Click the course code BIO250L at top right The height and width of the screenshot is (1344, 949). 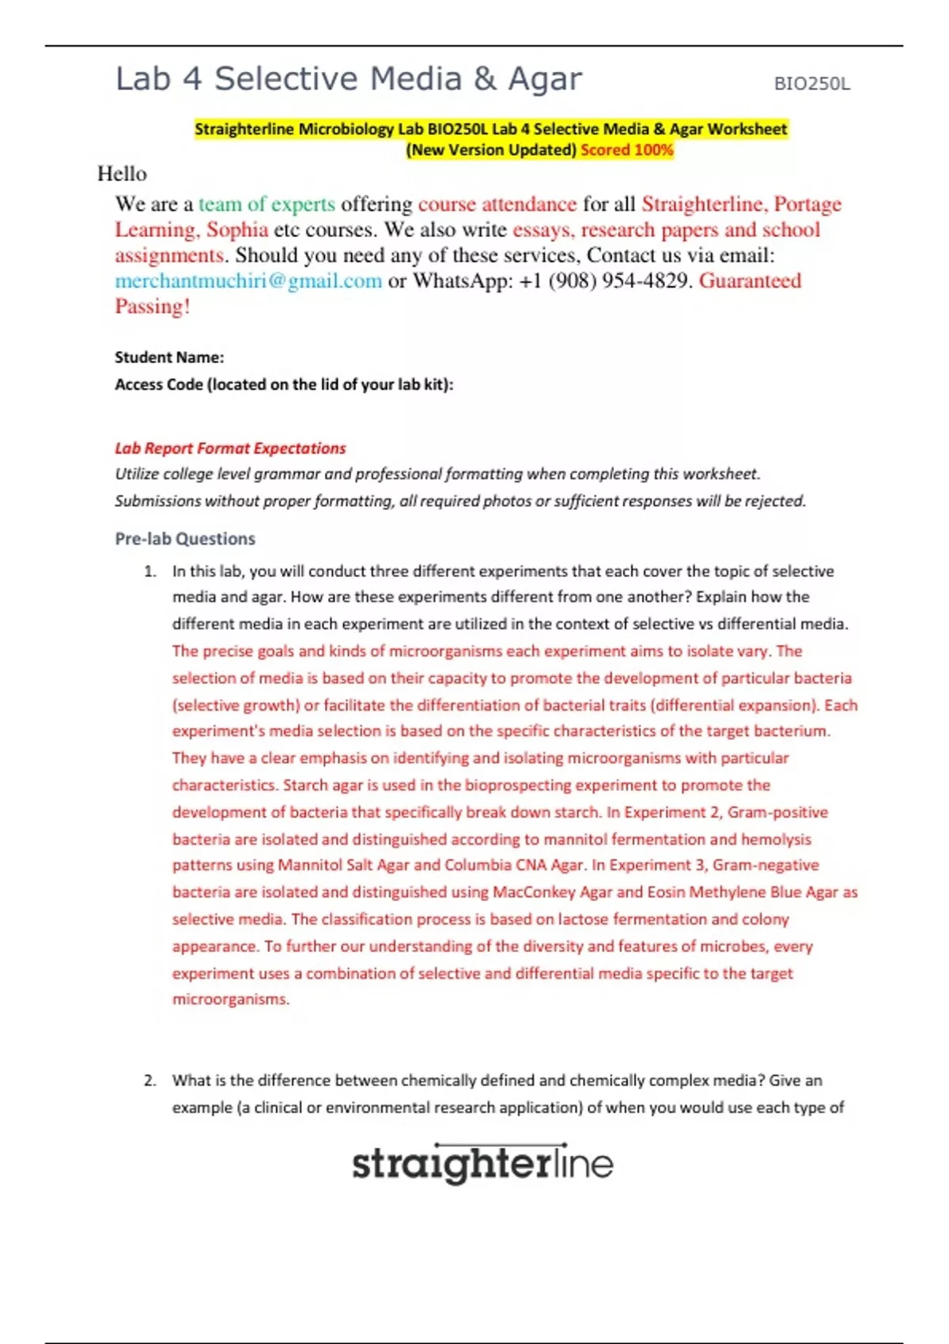tap(811, 84)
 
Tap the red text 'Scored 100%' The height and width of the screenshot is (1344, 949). tap(626, 150)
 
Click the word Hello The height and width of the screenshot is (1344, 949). tap(122, 174)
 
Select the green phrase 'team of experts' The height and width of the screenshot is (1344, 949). tap(267, 204)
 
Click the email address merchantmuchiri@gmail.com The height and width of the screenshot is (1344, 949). tap(248, 281)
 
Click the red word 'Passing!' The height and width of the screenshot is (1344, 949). tap(153, 307)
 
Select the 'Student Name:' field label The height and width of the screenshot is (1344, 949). tap(169, 357)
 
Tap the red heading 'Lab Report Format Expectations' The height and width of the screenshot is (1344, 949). tap(230, 448)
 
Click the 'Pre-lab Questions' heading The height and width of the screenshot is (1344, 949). tap(185, 539)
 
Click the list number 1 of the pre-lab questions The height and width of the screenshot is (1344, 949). tap(149, 572)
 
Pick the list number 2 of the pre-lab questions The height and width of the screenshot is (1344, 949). tap(149, 1081)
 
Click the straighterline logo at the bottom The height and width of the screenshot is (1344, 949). tap(482, 1164)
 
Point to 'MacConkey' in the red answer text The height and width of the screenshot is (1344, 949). tap(534, 893)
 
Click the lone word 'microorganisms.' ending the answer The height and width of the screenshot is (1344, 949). tap(231, 999)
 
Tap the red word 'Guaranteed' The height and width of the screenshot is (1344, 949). tap(750, 281)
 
